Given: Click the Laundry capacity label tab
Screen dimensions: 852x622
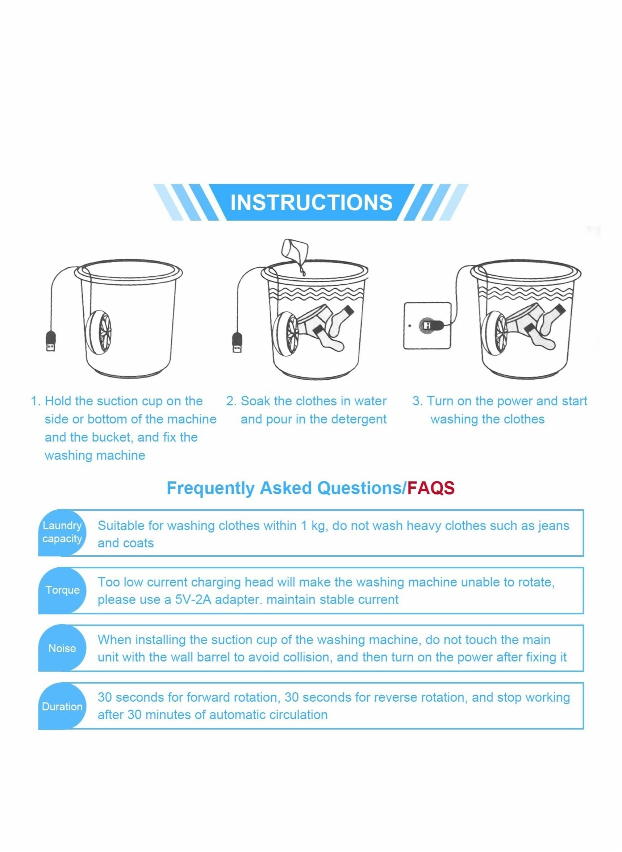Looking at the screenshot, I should click(x=62, y=532).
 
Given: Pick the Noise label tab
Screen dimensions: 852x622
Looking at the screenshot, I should click(x=62, y=648).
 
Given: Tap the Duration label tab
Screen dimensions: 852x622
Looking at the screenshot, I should click(x=62, y=707).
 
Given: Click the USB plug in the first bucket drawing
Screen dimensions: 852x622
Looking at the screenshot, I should click(x=51, y=341).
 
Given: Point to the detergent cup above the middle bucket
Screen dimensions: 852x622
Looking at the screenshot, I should click(x=296, y=250).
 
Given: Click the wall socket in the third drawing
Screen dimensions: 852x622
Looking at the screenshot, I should click(x=427, y=326).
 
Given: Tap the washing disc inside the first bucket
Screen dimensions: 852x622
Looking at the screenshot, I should click(x=99, y=333).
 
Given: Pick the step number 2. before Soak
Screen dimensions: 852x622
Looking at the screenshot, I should click(x=231, y=401).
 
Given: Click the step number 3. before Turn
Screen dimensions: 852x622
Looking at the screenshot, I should click(x=418, y=401).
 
